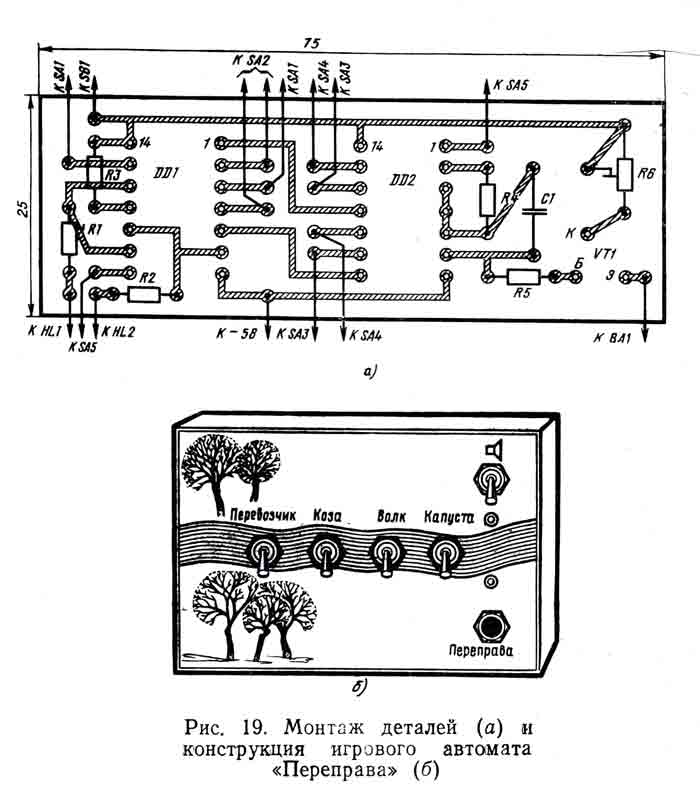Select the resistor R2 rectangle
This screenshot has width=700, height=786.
145,294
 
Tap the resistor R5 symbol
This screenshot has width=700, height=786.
521,277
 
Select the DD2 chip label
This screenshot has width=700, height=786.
402,180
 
